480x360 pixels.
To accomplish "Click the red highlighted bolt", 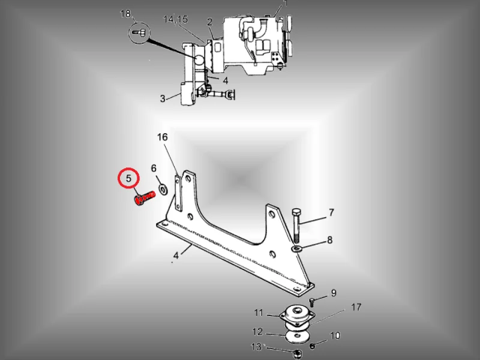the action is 145,197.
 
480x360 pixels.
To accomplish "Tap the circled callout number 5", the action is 129,178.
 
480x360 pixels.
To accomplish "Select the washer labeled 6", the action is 163,189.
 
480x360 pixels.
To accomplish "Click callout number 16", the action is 163,137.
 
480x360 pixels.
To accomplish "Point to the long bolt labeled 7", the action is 296,225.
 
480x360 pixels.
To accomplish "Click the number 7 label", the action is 331,212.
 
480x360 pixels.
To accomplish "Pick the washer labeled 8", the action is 296,248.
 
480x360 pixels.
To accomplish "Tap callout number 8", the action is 329,239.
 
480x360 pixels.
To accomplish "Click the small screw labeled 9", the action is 312,302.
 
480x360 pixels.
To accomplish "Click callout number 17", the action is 356,307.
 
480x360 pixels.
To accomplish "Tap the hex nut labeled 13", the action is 296,355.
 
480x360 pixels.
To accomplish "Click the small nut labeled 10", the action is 312,346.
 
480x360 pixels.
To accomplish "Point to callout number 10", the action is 335,335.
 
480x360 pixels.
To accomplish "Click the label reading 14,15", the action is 175,19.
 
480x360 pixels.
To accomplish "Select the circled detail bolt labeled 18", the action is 140,32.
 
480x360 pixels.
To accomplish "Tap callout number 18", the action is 125,14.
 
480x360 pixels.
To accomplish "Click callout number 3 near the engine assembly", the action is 163,98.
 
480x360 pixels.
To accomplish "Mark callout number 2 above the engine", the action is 209,22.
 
